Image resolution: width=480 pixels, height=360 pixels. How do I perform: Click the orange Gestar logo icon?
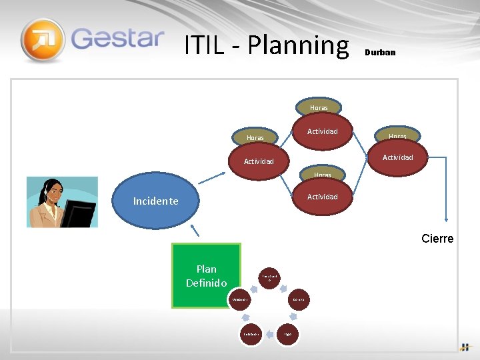43,39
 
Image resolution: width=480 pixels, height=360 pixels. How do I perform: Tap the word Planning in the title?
298,45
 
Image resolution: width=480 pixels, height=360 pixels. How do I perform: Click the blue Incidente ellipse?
156,201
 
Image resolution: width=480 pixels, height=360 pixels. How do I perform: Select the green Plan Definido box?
206,275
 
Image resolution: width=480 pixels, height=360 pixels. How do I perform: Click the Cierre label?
437,239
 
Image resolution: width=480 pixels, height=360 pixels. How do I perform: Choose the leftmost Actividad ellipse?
259,161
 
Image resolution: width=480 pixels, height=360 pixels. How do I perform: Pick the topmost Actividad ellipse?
322,132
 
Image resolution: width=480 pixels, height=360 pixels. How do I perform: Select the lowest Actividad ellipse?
322,197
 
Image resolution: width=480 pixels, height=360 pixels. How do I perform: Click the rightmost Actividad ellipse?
397,157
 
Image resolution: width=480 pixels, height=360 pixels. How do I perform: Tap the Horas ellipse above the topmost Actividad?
319,107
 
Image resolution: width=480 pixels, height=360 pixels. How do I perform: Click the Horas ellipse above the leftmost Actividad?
255,138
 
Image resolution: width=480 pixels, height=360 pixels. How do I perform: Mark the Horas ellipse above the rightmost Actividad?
397,136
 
